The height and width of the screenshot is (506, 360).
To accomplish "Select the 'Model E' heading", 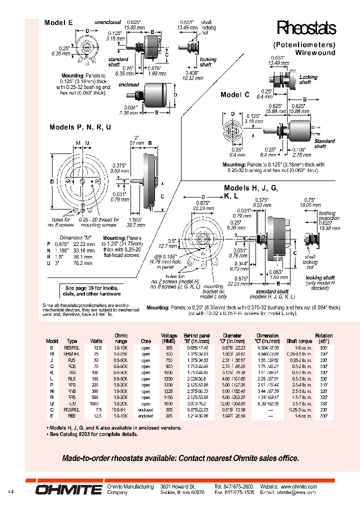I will tap(58, 23).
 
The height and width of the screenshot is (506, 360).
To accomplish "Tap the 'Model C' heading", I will tap(234, 94).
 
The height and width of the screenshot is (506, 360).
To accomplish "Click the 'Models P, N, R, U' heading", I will tap(80, 127).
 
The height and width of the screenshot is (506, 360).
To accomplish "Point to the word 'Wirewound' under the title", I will tap(314, 52).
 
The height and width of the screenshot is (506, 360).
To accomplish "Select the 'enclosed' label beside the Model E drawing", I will tap(128, 85).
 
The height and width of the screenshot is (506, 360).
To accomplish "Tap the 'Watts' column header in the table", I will tap(96, 341).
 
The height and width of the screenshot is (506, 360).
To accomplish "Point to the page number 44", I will tap(11, 492).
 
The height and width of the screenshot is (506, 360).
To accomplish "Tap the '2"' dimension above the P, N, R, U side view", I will tap(135, 137).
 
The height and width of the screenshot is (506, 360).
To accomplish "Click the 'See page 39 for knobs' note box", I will tap(92, 291).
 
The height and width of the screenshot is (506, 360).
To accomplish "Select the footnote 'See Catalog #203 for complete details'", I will tap(93, 434).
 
